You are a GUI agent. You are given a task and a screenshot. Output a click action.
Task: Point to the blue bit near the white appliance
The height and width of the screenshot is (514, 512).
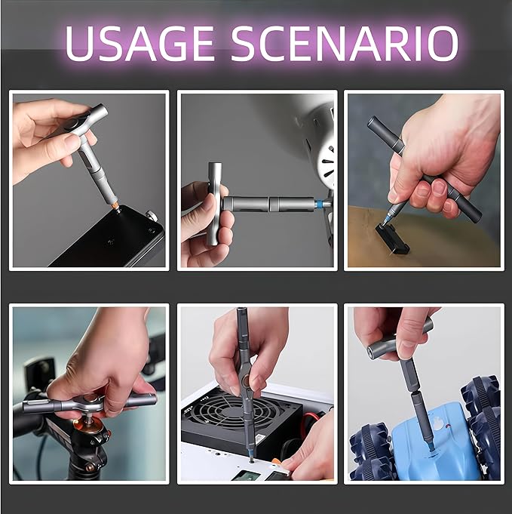(x=323, y=205)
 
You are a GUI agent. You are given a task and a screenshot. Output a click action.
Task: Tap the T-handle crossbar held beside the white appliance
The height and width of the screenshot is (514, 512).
(x=214, y=204)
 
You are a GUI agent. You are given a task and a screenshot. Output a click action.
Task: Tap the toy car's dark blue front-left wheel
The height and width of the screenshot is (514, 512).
(x=369, y=453)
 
